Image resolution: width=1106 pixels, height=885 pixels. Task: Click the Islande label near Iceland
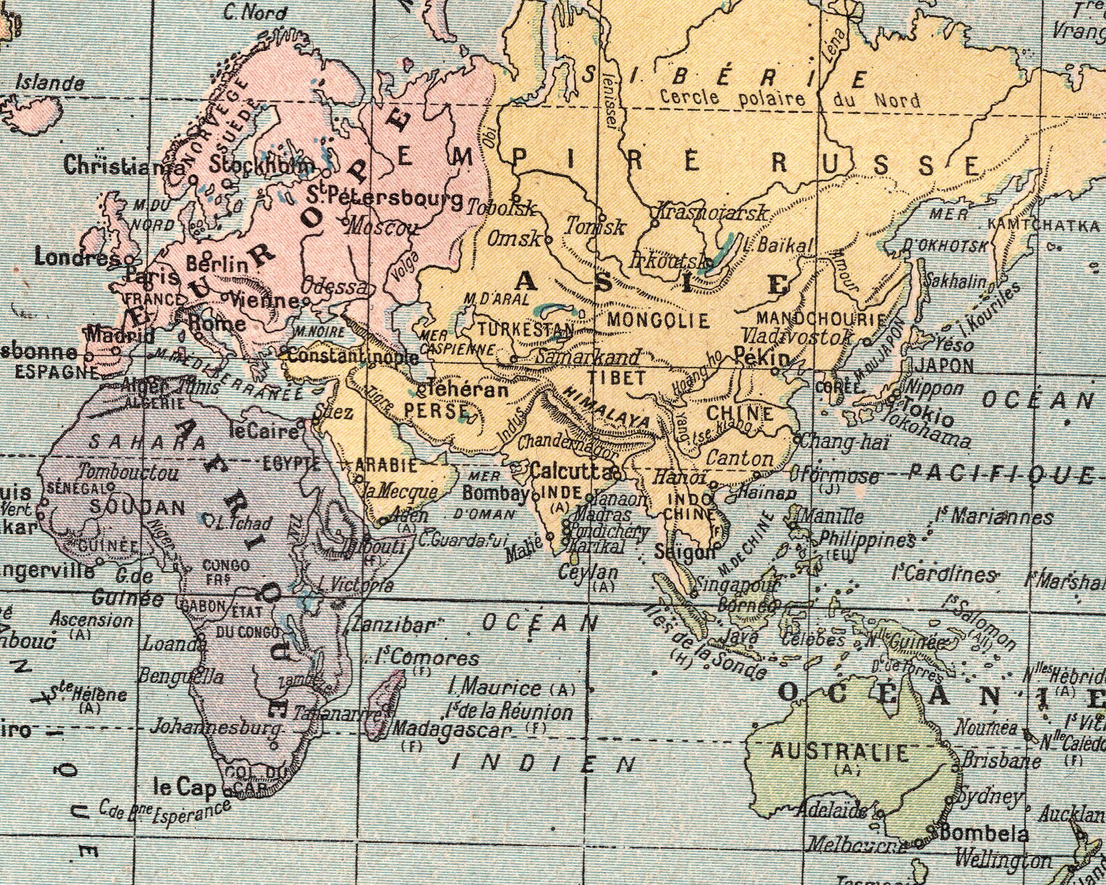point(50,84)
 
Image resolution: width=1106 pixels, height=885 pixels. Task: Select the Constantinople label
point(353,357)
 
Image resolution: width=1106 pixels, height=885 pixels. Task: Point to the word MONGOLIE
point(658,320)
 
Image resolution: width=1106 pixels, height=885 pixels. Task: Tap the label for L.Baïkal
point(777,245)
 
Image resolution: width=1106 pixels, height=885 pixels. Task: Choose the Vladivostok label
point(796,336)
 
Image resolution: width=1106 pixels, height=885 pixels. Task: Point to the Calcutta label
point(570,471)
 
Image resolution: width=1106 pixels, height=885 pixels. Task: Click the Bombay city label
point(495,494)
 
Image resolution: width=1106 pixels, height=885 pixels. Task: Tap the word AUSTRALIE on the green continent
point(839,752)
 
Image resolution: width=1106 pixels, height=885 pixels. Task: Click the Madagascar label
point(452,730)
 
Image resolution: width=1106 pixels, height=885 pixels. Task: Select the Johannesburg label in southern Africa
point(216,728)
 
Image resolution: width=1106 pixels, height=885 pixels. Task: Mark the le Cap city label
point(185,788)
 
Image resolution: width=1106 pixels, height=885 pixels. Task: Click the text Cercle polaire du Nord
point(789,99)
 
